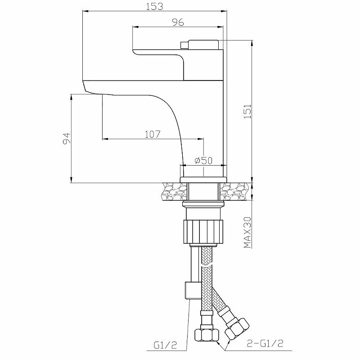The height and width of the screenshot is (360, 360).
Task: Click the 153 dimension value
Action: [154, 6]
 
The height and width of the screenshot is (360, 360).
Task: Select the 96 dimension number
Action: [178, 22]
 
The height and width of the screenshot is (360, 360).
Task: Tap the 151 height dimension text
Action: [247, 111]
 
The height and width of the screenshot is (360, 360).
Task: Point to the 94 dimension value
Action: [67, 139]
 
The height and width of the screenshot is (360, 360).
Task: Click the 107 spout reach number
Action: [153, 134]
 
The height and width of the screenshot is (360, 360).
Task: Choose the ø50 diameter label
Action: [203, 160]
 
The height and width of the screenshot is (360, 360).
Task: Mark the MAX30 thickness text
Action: [247, 232]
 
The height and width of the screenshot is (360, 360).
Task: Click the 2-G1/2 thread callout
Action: [265, 343]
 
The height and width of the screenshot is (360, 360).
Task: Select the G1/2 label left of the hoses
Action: [165, 345]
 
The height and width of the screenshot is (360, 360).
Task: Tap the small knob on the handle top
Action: [184, 45]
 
